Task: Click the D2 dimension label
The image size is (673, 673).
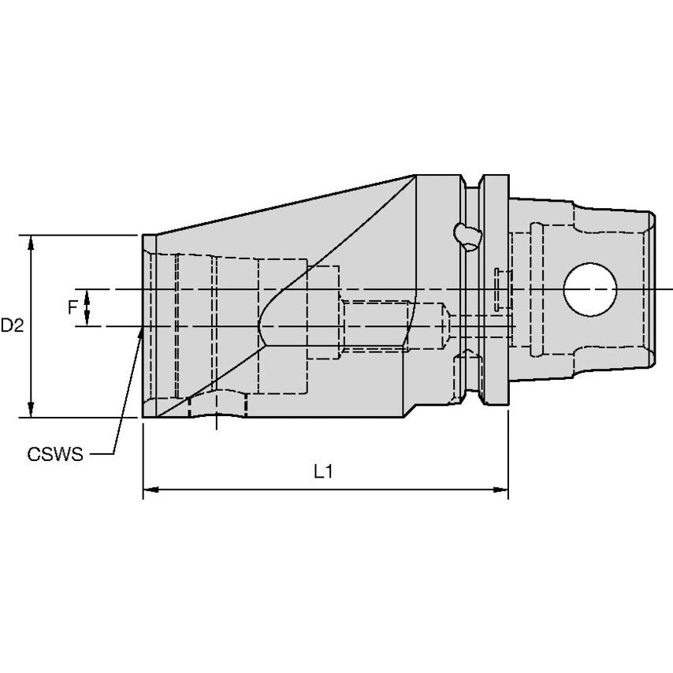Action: click(x=11, y=325)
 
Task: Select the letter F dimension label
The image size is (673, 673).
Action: click(x=73, y=307)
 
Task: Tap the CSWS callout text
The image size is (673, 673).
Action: click(x=55, y=455)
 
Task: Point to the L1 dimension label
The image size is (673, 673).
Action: click(x=323, y=472)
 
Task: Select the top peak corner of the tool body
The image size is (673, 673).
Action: click(x=415, y=176)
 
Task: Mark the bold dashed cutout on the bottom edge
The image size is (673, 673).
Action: click(x=218, y=404)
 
